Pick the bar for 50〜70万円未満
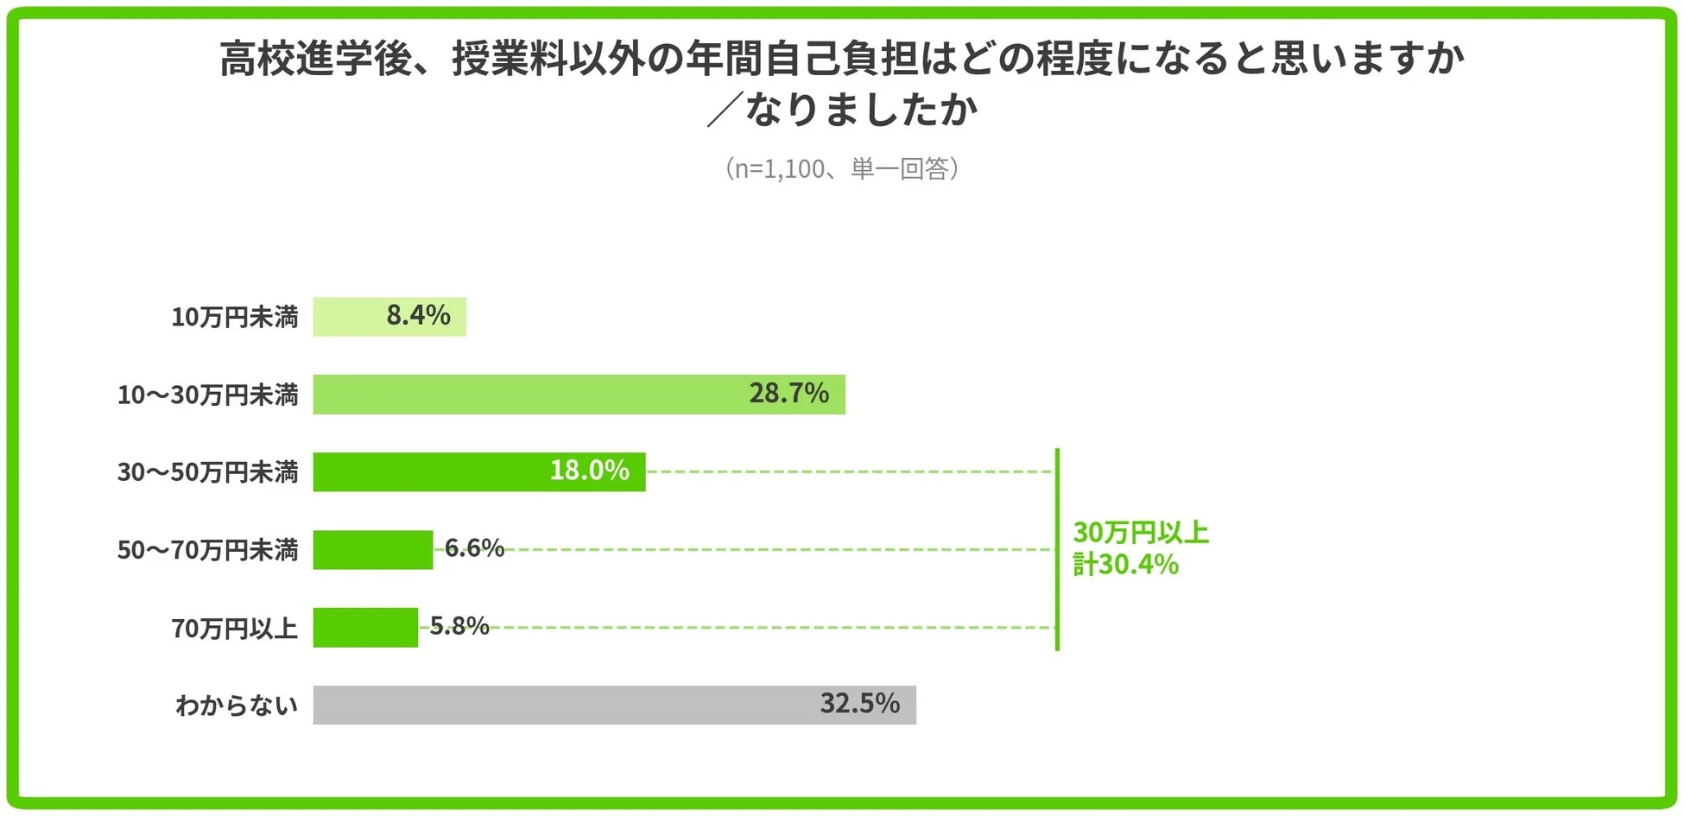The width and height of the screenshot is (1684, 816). (372, 550)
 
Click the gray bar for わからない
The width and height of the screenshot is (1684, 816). (561, 705)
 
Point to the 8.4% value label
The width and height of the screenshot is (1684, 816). (418, 316)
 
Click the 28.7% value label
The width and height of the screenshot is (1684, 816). (788, 394)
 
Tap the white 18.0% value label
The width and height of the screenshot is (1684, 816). (589, 471)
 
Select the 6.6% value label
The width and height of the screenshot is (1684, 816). (474, 548)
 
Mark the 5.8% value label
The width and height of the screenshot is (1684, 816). (459, 626)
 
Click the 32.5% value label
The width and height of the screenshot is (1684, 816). (859, 704)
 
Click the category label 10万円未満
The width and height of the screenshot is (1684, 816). (234, 318)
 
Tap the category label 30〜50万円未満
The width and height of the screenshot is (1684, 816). (207, 472)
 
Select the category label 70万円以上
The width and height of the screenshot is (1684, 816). (234, 629)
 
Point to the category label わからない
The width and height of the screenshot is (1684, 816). (236, 705)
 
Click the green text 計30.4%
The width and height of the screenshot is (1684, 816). (1125, 565)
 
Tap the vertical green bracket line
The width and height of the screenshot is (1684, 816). (1057, 549)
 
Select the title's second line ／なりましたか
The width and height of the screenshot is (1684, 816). (842, 111)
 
